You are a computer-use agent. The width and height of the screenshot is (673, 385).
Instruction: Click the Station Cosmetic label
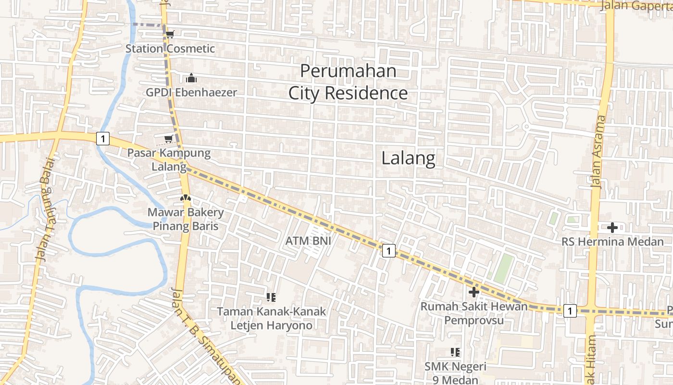tap(170, 49)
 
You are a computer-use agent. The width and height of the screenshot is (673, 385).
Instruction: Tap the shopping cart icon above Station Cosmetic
tap(170, 34)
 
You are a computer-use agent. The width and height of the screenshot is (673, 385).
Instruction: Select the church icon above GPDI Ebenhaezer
tap(191, 78)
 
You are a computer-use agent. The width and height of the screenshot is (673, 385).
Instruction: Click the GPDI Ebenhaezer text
tap(191, 92)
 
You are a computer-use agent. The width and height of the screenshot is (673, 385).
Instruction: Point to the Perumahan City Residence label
tap(348, 82)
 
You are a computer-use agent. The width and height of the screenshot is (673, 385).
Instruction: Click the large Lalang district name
tap(408, 158)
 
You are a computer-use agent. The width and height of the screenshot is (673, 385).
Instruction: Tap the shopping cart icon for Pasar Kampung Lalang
tap(168, 139)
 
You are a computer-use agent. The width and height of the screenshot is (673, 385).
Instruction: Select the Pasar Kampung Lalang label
tap(169, 160)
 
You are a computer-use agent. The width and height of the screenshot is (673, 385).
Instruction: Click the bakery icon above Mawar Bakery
tap(186, 198)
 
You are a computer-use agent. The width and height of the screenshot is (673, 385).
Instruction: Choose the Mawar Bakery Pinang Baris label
tap(186, 219)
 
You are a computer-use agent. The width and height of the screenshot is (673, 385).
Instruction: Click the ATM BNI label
tap(308, 241)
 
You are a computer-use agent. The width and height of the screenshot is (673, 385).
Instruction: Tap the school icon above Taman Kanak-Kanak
tap(271, 297)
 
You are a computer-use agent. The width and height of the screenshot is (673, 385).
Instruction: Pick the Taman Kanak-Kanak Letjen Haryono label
tap(272, 318)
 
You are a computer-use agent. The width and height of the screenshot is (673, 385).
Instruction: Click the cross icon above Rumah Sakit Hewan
tap(474, 292)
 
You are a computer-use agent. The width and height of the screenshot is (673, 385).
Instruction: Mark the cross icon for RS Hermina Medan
tap(612, 228)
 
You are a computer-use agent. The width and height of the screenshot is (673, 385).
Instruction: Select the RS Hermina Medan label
tap(612, 242)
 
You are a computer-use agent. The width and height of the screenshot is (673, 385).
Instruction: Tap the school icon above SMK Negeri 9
tap(455, 352)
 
